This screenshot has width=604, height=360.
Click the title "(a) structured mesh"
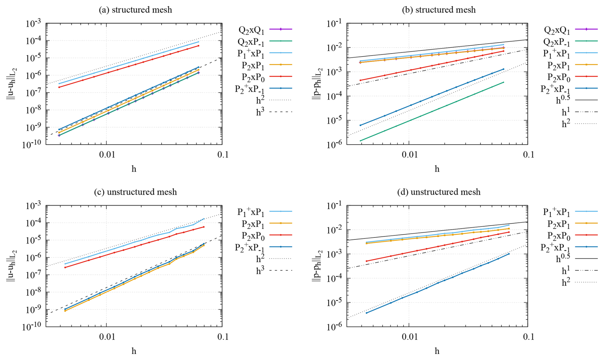[135, 10]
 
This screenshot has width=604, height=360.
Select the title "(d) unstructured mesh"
[439, 192]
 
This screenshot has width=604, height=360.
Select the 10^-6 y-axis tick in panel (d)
[334, 326]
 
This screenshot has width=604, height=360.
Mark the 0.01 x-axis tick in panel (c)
[106, 336]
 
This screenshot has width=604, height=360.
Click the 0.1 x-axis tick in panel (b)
[528, 155]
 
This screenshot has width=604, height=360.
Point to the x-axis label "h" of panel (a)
[134, 169]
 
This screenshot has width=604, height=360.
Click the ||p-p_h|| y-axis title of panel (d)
[317, 266]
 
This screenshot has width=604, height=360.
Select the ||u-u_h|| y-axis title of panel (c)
[11, 266]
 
